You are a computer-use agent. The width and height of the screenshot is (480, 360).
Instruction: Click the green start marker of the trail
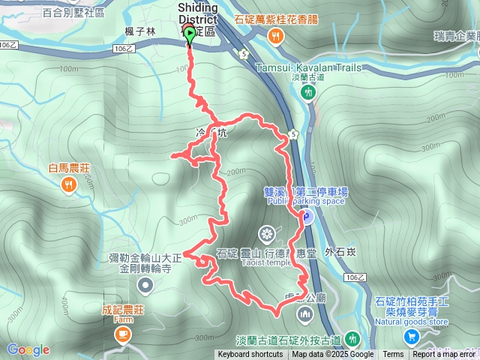188,34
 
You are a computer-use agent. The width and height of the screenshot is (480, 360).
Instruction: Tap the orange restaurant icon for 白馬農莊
69,184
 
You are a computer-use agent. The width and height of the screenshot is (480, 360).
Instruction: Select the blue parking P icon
307,218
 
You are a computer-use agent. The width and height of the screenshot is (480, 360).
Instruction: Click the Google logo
28,349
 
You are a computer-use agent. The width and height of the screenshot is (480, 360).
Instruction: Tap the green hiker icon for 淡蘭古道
307,92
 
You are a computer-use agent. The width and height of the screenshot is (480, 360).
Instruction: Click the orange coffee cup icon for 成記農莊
121,334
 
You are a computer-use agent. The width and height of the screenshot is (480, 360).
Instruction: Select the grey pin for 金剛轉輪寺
145,285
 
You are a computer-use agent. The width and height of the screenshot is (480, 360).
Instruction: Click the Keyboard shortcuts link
250,355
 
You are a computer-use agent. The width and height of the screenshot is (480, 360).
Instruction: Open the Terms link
393,355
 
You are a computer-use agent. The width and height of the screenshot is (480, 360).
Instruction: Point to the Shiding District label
198,13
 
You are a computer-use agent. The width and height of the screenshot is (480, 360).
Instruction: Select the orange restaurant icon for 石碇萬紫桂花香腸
276,36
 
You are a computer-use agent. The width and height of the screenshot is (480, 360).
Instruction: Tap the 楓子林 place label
140,32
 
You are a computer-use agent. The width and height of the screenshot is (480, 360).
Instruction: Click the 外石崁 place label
340,252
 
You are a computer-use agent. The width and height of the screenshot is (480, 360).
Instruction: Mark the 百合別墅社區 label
73,13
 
